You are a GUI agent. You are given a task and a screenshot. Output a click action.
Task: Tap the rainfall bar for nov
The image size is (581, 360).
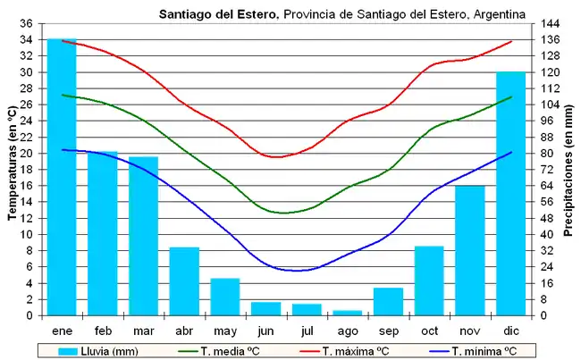(470, 250)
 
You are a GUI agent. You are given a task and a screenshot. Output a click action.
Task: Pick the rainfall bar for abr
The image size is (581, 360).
(184, 280)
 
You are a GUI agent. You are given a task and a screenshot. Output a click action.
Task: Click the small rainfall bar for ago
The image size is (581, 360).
(348, 313)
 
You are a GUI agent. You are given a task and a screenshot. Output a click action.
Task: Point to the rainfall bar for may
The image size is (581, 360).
(225, 297)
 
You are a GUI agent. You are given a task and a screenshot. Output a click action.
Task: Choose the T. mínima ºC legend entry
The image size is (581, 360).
(484, 351)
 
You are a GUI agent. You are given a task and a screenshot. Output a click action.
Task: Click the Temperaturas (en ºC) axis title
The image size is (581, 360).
(12, 170)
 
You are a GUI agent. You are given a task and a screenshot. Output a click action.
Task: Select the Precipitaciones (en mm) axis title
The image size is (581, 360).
(568, 171)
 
